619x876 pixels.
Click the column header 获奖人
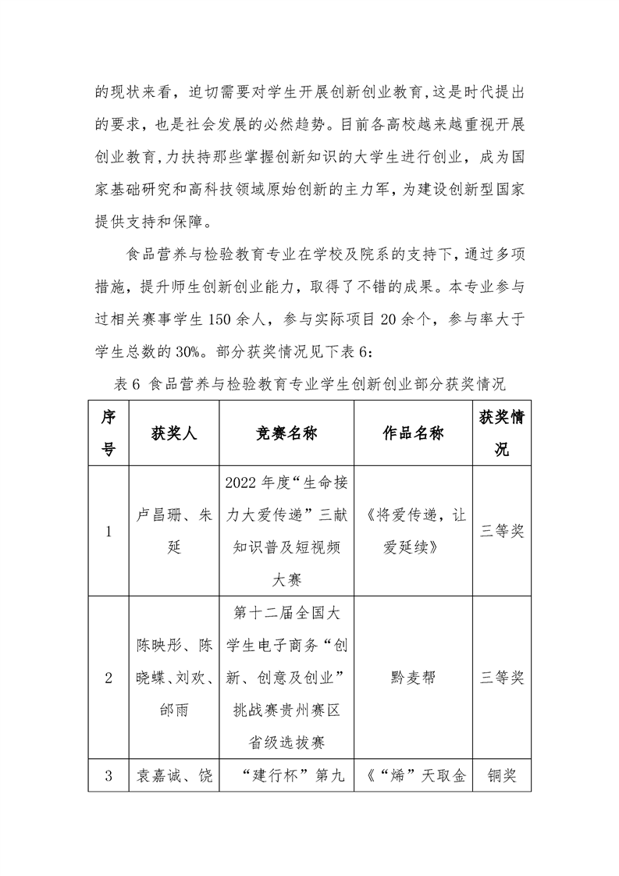(174, 434)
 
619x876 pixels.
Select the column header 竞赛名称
(286, 434)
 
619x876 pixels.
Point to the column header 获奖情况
(502, 434)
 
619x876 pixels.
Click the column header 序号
(108, 434)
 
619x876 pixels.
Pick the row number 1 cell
(108, 532)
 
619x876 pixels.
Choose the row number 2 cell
(108, 678)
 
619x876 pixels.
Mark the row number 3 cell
(108, 776)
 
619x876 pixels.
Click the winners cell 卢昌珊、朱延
(174, 532)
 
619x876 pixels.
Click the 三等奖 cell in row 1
(502, 532)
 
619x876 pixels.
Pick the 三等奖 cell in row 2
(502, 678)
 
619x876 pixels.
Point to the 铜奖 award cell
(502, 776)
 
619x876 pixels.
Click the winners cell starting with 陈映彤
(174, 678)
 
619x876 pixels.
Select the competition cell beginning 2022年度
(286, 532)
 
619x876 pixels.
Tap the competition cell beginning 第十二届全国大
(286, 678)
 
